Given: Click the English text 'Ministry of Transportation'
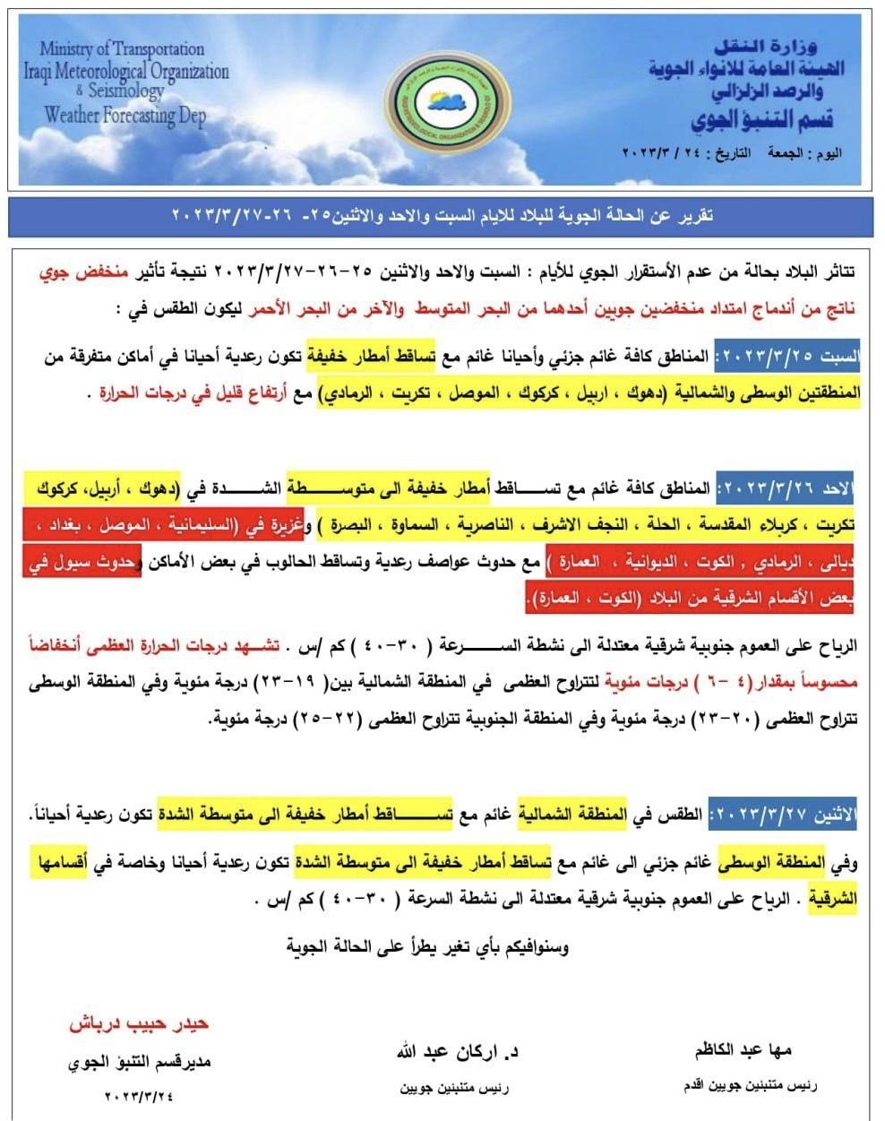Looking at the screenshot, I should coord(122,48).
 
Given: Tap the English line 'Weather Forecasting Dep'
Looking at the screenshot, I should coord(125,116).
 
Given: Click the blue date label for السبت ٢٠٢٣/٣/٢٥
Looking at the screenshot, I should coord(786,357).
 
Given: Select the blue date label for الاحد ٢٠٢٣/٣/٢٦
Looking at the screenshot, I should coord(787,489).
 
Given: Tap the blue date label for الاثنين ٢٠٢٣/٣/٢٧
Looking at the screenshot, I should coord(782,816).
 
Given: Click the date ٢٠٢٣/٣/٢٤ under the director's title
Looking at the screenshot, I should coord(140,1095).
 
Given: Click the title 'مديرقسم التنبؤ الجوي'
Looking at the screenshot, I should coord(140,1063).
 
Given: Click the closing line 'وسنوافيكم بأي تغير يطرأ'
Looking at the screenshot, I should coord(428,945).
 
